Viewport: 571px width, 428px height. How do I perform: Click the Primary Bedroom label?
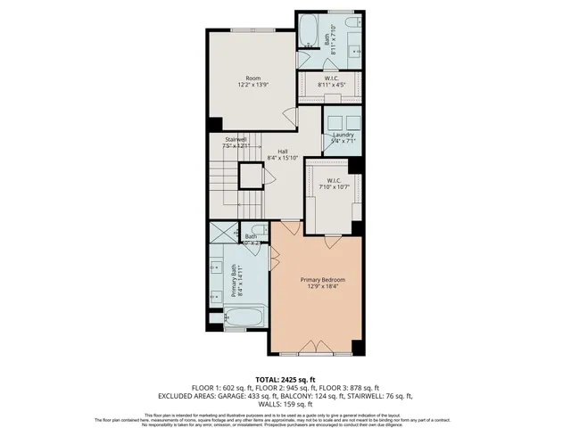tap(322, 280)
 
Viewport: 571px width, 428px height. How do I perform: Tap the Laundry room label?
tap(343, 135)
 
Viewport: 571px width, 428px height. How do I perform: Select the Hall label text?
tap(282, 152)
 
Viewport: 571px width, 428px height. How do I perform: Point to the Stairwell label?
tap(236, 139)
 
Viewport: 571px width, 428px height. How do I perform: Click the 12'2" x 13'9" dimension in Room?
tap(253, 85)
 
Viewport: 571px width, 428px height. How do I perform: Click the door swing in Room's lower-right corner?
tap(287, 117)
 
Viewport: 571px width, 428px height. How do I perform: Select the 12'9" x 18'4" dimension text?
tap(322, 287)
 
